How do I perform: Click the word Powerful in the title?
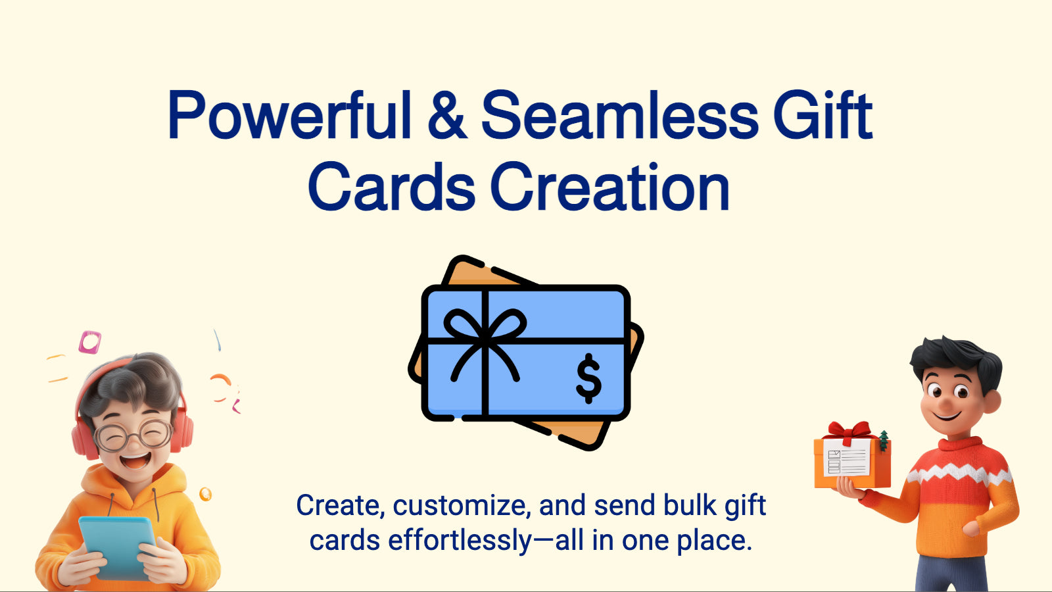[289, 115]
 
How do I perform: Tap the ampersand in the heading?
[447, 115]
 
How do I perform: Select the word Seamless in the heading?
[620, 115]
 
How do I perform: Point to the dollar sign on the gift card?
[588, 378]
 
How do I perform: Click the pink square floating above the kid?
[89, 342]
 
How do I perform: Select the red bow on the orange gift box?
[849, 432]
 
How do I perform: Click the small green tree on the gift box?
[884, 441]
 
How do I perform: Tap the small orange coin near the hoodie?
[205, 494]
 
